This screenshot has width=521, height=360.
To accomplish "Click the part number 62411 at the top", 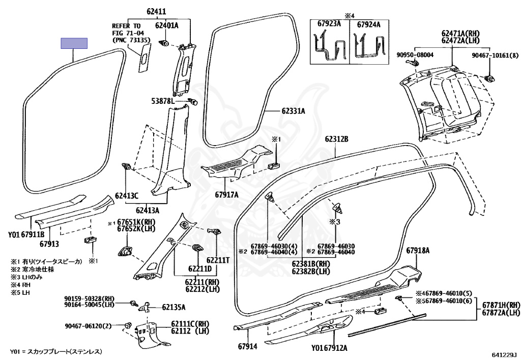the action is (x=156, y=12).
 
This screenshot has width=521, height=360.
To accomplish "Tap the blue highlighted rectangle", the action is (x=74, y=43).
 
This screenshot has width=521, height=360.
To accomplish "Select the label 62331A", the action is (x=294, y=111).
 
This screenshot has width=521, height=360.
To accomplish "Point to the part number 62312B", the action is (x=337, y=139).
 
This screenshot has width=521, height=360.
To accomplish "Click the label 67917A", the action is (x=226, y=195).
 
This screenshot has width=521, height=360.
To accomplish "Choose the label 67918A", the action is (x=418, y=251).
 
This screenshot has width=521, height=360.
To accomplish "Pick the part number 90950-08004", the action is (x=415, y=55).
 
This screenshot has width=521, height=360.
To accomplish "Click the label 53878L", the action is (x=163, y=101).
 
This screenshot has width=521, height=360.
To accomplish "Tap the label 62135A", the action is (x=174, y=308).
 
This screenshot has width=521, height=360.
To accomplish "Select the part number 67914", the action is (x=248, y=346).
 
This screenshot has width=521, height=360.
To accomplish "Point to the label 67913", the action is (x=49, y=244).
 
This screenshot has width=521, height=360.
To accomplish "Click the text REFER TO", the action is (x=126, y=26).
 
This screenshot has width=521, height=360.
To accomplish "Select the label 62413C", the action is (x=127, y=196).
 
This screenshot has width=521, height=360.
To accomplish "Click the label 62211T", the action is (x=218, y=260).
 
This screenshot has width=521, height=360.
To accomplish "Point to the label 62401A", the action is (x=167, y=25).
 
